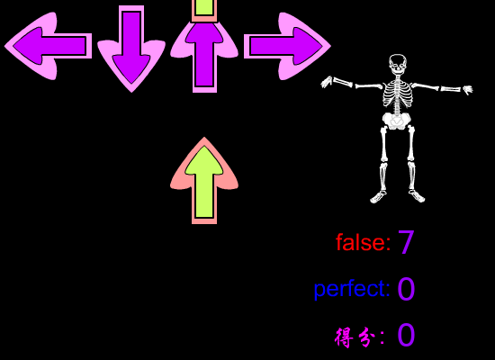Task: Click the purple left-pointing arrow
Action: point(48,46)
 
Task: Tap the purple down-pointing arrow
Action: point(131,49)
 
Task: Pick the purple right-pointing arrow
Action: point(287,46)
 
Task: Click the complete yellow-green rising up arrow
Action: point(204,181)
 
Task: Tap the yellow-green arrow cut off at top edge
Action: point(204,11)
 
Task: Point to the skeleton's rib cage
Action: point(398,94)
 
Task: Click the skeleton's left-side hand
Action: point(327,82)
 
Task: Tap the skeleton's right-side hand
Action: point(467,90)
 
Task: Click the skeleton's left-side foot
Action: point(378,197)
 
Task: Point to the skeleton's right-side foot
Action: point(417,196)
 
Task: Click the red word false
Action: point(364,242)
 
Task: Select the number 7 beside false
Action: point(406,242)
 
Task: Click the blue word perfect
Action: point(352,289)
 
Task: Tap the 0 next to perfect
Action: point(406,289)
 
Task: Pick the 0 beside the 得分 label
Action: point(406,335)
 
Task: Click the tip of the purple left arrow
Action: point(4,46)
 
